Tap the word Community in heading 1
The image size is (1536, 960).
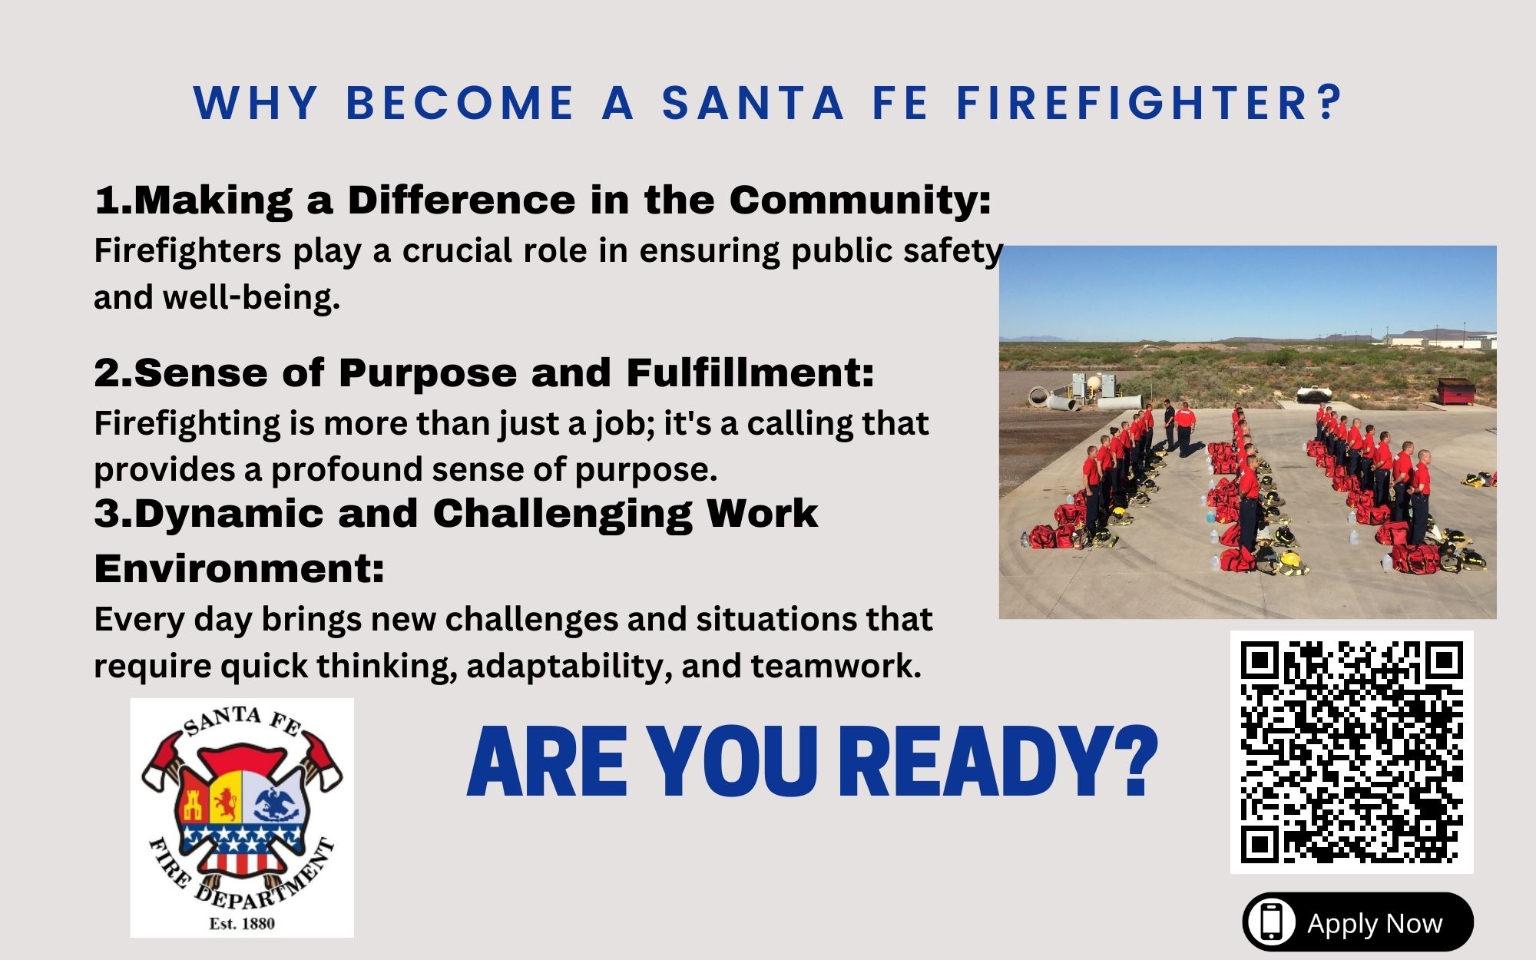859,200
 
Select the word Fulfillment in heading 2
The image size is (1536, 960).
750,372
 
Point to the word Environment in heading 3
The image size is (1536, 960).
239,569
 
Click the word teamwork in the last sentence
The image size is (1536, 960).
836,666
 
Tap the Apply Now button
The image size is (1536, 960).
1358,922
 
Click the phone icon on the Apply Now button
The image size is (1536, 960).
1271,922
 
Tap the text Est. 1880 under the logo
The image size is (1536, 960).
242,923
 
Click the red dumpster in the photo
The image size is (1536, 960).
1456,391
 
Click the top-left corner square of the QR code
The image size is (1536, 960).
1260,661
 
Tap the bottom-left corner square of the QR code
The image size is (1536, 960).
1260,844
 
